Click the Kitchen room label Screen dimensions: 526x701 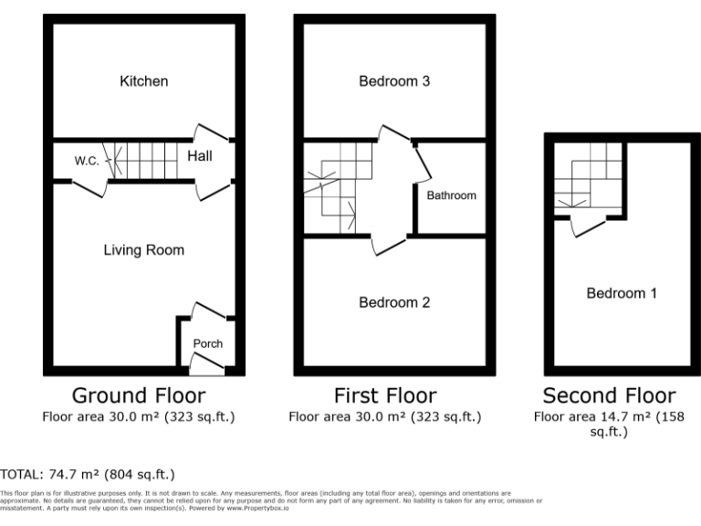pyautogui.click(x=144, y=81)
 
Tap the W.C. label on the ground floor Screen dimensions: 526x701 pyautogui.click(x=87, y=161)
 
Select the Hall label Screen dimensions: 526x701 pyautogui.click(x=199, y=156)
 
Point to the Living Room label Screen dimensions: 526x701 pyautogui.click(x=143, y=249)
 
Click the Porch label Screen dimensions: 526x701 pyautogui.click(x=207, y=343)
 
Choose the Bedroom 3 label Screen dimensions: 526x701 pyautogui.click(x=393, y=81)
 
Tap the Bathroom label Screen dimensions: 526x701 pyautogui.click(x=451, y=195)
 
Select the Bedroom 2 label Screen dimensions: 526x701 pyautogui.click(x=393, y=302)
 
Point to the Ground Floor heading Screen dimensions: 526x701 pyautogui.click(x=139, y=395)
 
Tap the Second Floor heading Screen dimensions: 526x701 pyautogui.click(x=609, y=395)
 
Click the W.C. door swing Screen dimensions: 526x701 pyautogui.click(x=89, y=189)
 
